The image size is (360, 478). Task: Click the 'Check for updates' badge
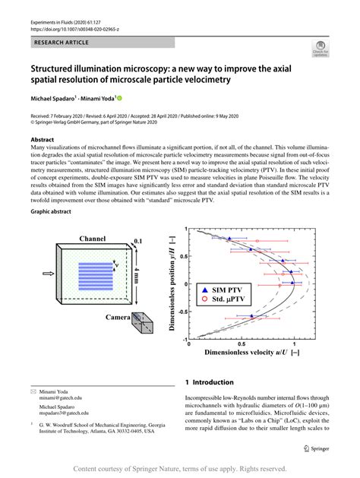tap(320, 50)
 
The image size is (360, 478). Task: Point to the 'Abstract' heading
tap(43, 141)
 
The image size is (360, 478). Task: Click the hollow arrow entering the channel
tap(49, 274)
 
